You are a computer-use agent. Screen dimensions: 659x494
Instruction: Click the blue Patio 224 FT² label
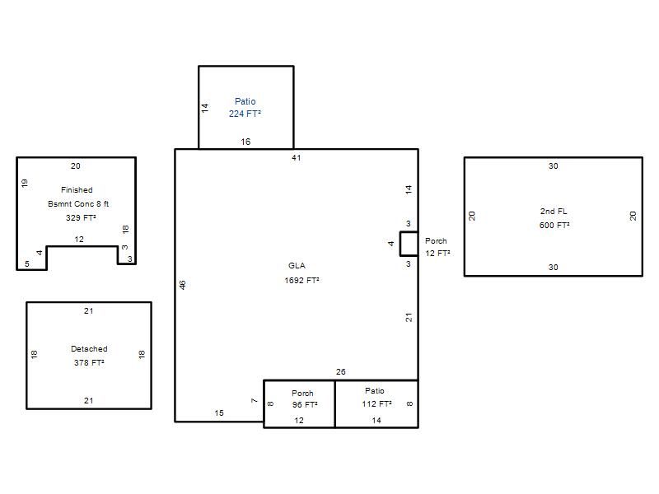tap(245, 108)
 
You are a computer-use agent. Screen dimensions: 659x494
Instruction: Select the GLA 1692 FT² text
tap(301, 273)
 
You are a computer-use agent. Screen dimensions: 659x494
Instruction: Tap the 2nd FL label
tap(554, 212)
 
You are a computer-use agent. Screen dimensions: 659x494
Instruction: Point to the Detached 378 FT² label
tap(89, 356)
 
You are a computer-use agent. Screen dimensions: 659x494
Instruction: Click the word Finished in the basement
tap(77, 190)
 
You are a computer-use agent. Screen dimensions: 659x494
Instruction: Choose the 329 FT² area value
tap(81, 217)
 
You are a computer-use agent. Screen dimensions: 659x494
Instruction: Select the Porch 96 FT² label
tap(304, 399)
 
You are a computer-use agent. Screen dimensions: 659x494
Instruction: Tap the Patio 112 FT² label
tap(376, 398)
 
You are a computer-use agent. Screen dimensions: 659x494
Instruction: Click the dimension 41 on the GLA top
tap(297, 158)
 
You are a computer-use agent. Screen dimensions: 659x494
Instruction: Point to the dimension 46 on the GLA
tap(182, 285)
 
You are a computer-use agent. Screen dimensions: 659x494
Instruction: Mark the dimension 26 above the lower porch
tap(341, 372)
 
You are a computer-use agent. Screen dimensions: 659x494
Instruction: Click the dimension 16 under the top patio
tap(245, 142)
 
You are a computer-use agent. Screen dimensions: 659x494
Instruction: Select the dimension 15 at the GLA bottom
tap(219, 413)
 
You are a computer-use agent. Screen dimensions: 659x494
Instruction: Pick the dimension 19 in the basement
tap(25, 183)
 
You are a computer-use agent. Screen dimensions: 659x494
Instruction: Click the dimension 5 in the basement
tap(27, 263)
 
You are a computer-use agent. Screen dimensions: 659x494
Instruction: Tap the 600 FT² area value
tap(554, 225)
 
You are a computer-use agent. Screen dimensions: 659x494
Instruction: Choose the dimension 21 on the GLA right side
tap(409, 318)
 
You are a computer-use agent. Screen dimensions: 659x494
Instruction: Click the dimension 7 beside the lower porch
tap(254, 401)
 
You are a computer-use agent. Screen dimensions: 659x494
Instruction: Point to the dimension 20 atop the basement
tap(76, 166)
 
